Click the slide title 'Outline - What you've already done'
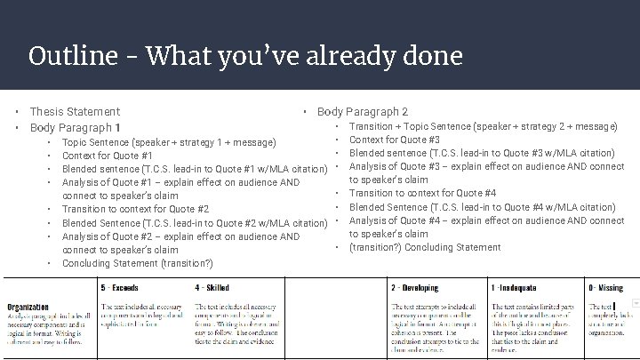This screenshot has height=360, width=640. coord(245,57)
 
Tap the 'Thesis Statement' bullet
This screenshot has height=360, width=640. coord(75,112)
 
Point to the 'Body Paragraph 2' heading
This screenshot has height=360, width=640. coord(363,112)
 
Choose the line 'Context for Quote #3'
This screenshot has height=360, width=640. coord(395,140)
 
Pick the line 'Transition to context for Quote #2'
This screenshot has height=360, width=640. coord(135,209)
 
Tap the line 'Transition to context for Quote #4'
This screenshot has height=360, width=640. coord(422,193)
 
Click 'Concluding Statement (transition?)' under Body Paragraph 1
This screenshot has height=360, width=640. coord(137,263)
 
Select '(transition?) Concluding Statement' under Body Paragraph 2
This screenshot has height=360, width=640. coord(424,247)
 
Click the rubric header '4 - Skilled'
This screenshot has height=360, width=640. coord(212,288)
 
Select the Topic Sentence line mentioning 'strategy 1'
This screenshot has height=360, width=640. coord(168,142)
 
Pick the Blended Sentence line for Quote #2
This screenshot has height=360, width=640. coord(189,222)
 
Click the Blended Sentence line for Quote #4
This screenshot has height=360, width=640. coord(482,207)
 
